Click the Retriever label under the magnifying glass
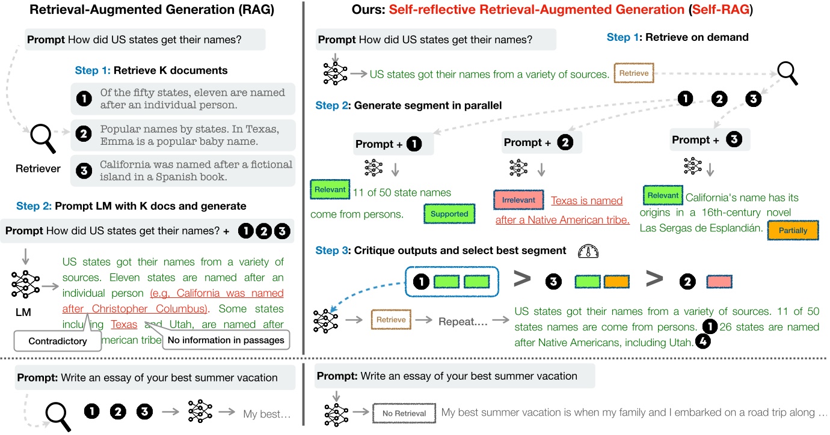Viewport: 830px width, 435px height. [38, 169]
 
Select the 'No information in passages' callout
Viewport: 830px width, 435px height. [226, 340]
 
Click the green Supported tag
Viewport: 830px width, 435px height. [449, 214]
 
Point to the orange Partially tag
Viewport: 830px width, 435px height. [793, 231]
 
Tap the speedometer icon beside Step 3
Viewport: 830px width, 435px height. [587, 251]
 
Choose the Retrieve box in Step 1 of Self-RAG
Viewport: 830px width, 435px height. [634, 73]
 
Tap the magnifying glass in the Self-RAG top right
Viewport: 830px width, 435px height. [787, 73]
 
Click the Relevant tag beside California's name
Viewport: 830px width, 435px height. [663, 195]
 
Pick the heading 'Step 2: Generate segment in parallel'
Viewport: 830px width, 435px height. [408, 106]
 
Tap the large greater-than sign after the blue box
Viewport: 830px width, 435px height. [523, 279]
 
